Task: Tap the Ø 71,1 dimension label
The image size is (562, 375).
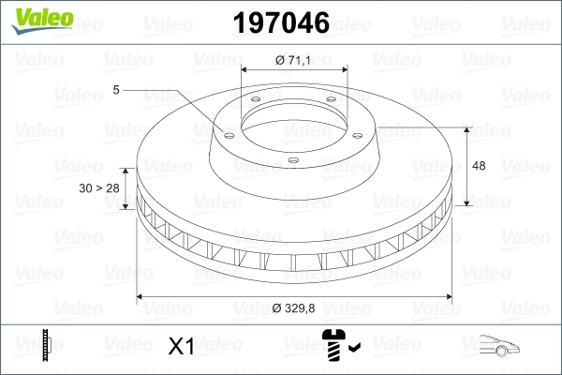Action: tap(294, 60)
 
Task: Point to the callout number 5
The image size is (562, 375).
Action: tap(116, 90)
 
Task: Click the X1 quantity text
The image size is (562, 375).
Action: tap(180, 347)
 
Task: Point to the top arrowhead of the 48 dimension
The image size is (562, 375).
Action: tap(467, 128)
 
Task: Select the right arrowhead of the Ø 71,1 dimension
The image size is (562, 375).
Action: tap(344, 69)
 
